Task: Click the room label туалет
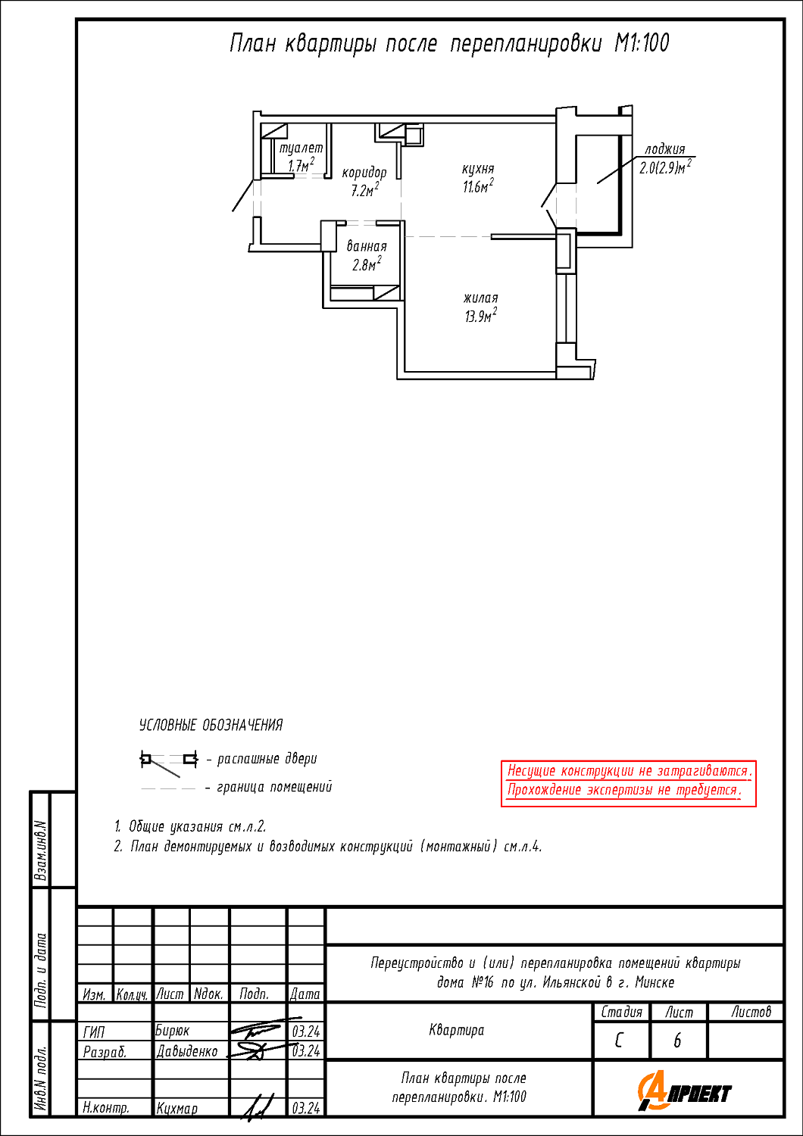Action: click(301, 148)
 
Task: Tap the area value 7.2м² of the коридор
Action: click(364, 190)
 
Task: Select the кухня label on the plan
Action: click(478, 168)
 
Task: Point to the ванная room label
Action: click(366, 246)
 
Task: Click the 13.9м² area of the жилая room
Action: click(480, 316)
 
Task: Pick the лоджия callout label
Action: click(664, 149)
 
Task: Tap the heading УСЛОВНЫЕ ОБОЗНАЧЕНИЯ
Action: click(211, 726)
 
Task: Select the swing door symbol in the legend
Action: click(169, 763)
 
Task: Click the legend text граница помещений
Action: click(274, 787)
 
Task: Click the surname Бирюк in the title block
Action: click(172, 1031)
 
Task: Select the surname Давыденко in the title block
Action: click(186, 1051)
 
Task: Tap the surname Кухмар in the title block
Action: click(177, 1108)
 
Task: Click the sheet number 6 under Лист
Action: click(677, 1041)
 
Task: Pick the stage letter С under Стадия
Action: click(619, 1041)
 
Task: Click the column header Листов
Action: click(751, 1013)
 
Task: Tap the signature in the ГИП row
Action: click(264, 1029)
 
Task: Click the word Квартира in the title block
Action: click(457, 1030)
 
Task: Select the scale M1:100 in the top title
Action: click(642, 43)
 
